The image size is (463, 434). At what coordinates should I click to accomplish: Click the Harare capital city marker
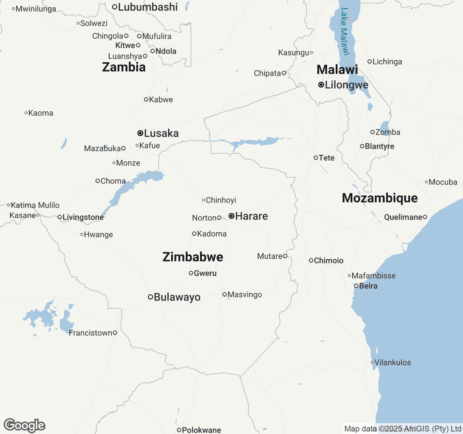tap(231, 216)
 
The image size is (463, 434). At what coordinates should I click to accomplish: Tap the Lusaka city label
tap(161, 133)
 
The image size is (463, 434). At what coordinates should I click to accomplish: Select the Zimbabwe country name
tap(193, 257)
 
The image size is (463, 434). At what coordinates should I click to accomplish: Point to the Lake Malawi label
tap(345, 31)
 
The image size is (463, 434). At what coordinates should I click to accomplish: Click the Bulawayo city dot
tap(150, 297)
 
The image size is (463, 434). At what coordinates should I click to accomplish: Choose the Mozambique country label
tap(380, 198)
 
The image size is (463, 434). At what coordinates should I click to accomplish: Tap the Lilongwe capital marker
tap(321, 85)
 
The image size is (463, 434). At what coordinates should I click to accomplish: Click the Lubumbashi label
tap(148, 7)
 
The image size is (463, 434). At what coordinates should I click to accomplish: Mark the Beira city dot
tap(356, 286)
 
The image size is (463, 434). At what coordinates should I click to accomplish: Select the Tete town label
tap(327, 158)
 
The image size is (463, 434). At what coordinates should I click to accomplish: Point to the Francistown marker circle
tap(115, 333)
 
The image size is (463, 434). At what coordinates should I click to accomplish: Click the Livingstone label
tap(83, 217)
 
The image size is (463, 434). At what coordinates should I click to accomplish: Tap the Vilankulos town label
tap(392, 362)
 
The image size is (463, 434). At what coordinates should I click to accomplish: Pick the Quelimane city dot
tap(425, 217)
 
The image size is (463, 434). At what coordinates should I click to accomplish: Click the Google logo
tap(24, 426)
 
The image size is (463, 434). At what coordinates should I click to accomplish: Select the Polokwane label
tap(201, 430)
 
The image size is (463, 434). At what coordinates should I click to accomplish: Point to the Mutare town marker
tap(285, 256)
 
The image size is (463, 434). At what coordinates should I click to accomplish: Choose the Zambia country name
tap(124, 67)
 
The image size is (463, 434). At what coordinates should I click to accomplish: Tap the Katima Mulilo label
tap(35, 205)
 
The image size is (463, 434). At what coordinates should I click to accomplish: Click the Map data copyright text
tap(403, 429)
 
